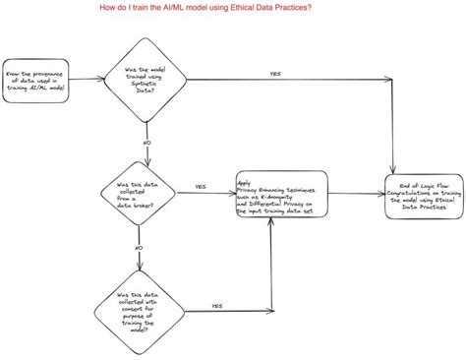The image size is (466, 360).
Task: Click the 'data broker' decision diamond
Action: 140,190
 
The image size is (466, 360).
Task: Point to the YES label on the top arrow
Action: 275,74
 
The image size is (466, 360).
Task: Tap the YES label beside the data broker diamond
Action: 200,186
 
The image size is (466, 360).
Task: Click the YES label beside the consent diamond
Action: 216,306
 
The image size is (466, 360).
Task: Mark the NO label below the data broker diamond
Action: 139,248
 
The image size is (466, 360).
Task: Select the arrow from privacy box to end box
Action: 355,190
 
